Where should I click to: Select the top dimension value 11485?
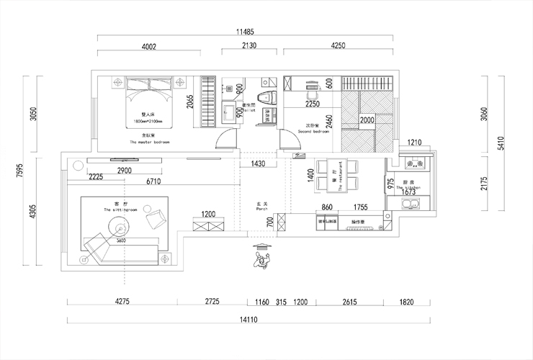tap(248, 32)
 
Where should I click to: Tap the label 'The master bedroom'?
tap(149, 143)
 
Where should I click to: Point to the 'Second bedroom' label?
tap(311, 132)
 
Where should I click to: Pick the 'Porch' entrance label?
tap(262, 210)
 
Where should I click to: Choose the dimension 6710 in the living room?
tap(152, 182)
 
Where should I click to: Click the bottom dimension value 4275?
tap(121, 302)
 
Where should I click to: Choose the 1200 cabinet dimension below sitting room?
tap(208, 215)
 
